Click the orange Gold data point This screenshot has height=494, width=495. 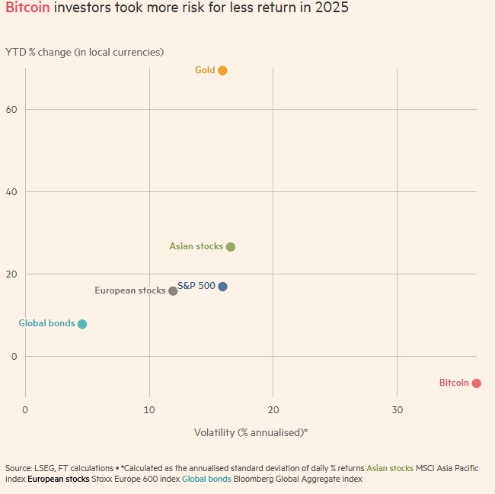222,71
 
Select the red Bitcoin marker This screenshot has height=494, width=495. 476,383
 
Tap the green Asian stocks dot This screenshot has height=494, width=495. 231,247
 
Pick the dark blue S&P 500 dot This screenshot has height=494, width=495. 222,287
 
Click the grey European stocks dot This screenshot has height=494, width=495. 173,291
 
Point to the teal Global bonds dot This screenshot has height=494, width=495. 82,324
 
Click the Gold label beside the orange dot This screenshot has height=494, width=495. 205,70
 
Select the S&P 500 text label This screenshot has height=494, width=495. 196,286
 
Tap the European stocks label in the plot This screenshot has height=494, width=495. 129,290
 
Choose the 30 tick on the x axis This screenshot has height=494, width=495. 397,410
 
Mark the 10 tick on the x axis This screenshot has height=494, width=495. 149,410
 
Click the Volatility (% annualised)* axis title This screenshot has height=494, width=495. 251,432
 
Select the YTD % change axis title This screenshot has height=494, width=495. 85,52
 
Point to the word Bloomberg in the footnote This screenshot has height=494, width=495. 253,480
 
